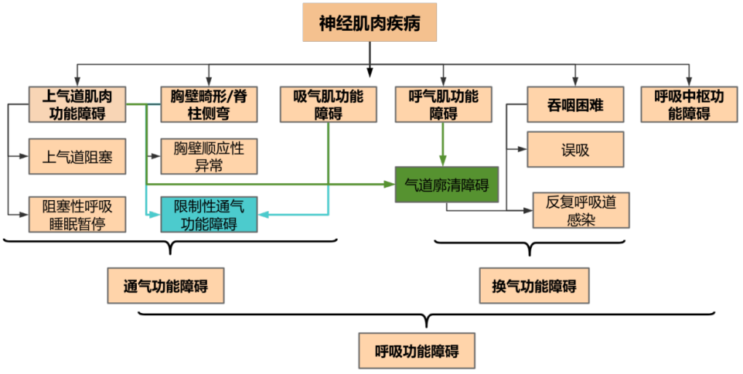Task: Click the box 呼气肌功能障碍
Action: [x=443, y=104]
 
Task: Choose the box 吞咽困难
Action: [x=575, y=104]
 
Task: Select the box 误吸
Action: [x=575, y=150]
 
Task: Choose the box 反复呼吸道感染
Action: [x=581, y=210]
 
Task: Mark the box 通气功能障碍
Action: [x=168, y=286]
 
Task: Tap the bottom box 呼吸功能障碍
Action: [x=418, y=350]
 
